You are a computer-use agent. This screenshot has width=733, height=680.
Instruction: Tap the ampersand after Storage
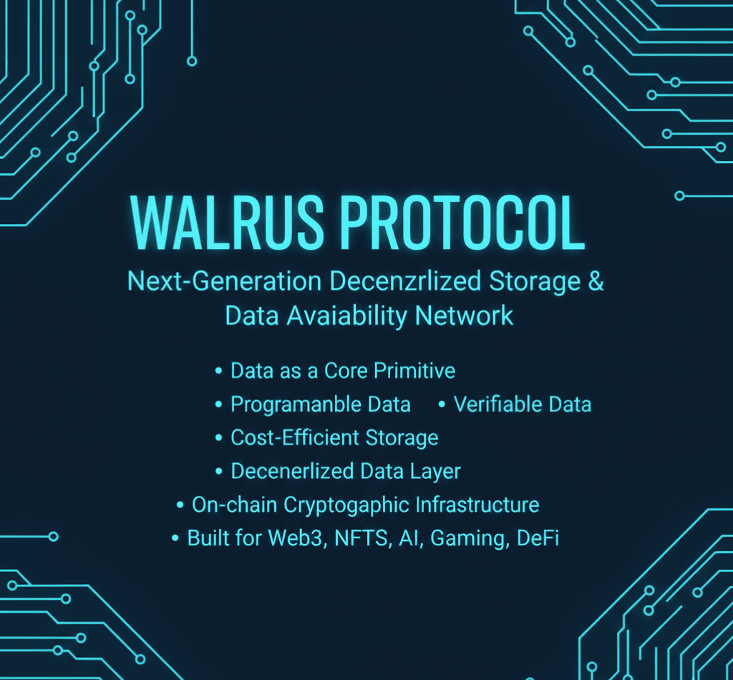(x=596, y=281)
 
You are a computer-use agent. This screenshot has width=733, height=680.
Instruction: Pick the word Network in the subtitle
(x=472, y=316)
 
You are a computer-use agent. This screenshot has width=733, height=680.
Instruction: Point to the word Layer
(x=435, y=472)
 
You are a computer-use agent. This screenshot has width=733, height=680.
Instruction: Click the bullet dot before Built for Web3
(x=175, y=539)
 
